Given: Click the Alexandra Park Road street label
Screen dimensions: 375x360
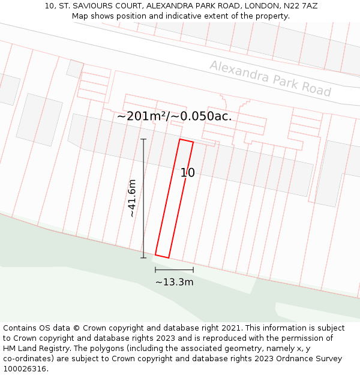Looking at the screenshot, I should click(270, 79).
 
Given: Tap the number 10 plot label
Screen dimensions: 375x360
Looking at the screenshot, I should click(188, 173).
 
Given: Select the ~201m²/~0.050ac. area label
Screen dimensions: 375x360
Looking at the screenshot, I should click(174, 116).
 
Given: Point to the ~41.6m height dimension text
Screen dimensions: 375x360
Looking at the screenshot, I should click(132, 198).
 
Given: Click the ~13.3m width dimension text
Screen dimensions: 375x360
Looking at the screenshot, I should click(174, 282).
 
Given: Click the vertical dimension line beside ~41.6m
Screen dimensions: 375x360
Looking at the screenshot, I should click(143, 198).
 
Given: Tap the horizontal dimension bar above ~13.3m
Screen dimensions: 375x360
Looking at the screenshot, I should click(174, 270).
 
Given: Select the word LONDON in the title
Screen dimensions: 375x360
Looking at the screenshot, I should click(248, 6).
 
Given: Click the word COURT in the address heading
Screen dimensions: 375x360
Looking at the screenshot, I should click(127, 6).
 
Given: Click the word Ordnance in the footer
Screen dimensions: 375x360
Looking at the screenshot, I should click(280, 359).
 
